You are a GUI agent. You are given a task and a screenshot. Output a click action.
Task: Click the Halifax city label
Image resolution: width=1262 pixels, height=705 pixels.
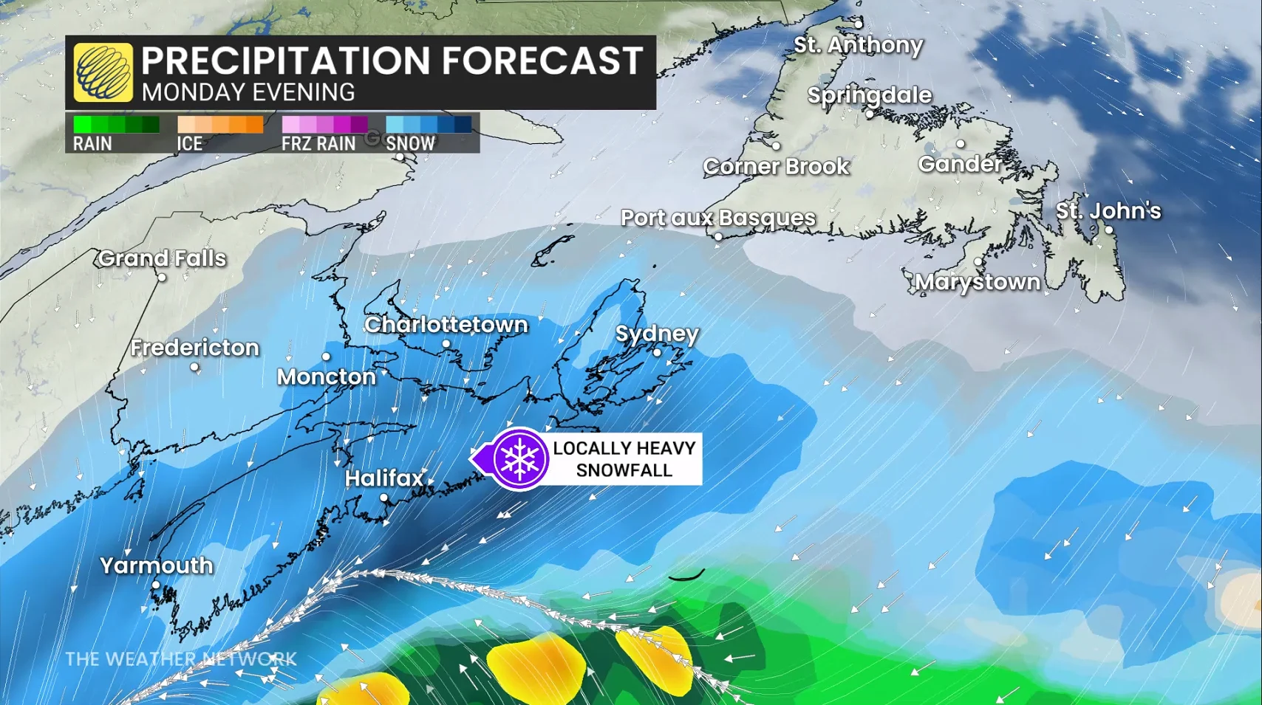click(x=383, y=478)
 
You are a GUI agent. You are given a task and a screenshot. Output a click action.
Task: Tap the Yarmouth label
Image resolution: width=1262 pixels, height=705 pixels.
click(x=156, y=565)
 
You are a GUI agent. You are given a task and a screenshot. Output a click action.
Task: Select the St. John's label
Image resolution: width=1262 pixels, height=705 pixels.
click(x=1108, y=211)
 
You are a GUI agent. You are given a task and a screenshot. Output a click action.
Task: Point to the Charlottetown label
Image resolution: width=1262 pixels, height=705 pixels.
click(x=446, y=325)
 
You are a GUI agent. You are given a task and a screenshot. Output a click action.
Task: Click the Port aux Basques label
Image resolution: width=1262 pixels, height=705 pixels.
click(x=717, y=218)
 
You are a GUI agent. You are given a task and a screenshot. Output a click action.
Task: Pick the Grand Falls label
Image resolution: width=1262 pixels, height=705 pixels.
click(x=162, y=258)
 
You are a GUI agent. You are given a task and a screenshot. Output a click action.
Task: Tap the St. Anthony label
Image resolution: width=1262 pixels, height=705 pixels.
click(x=858, y=45)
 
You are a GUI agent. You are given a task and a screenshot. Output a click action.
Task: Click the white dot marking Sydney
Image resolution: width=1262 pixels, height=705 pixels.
click(x=657, y=353)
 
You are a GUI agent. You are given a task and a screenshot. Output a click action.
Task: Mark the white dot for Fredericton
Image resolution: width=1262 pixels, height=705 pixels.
click(x=194, y=367)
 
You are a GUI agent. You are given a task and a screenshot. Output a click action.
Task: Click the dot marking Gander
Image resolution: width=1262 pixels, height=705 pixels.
click(x=961, y=144)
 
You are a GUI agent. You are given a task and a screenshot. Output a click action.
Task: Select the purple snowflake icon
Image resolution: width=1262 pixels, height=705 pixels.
click(x=519, y=458)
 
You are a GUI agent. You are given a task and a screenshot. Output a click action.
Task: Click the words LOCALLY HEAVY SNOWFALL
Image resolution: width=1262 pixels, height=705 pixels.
click(x=624, y=459)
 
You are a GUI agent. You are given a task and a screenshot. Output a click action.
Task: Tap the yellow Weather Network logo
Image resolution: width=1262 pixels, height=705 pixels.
click(x=103, y=72)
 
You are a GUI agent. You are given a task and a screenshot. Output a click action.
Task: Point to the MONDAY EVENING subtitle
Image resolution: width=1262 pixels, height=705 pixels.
click(x=248, y=93)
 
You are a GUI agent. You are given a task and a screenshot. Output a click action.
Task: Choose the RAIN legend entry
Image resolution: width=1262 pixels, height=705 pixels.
click(x=92, y=144)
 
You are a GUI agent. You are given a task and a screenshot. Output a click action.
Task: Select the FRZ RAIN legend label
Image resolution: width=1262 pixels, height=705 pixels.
click(x=318, y=144)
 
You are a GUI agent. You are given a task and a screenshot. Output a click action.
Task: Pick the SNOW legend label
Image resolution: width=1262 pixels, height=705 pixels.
click(x=411, y=144)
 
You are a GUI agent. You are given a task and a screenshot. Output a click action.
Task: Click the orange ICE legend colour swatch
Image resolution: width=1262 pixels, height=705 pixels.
click(x=220, y=124)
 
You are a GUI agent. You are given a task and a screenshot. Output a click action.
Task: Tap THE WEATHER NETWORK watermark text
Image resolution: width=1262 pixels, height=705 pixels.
click(x=180, y=658)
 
